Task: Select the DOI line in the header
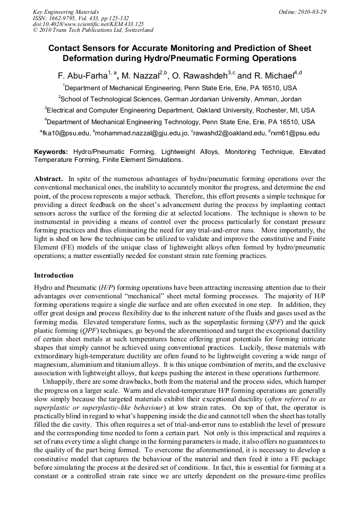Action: click(88, 24)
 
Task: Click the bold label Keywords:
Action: click(51, 152)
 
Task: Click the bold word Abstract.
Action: click(48, 179)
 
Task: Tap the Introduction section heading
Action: click(54, 275)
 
